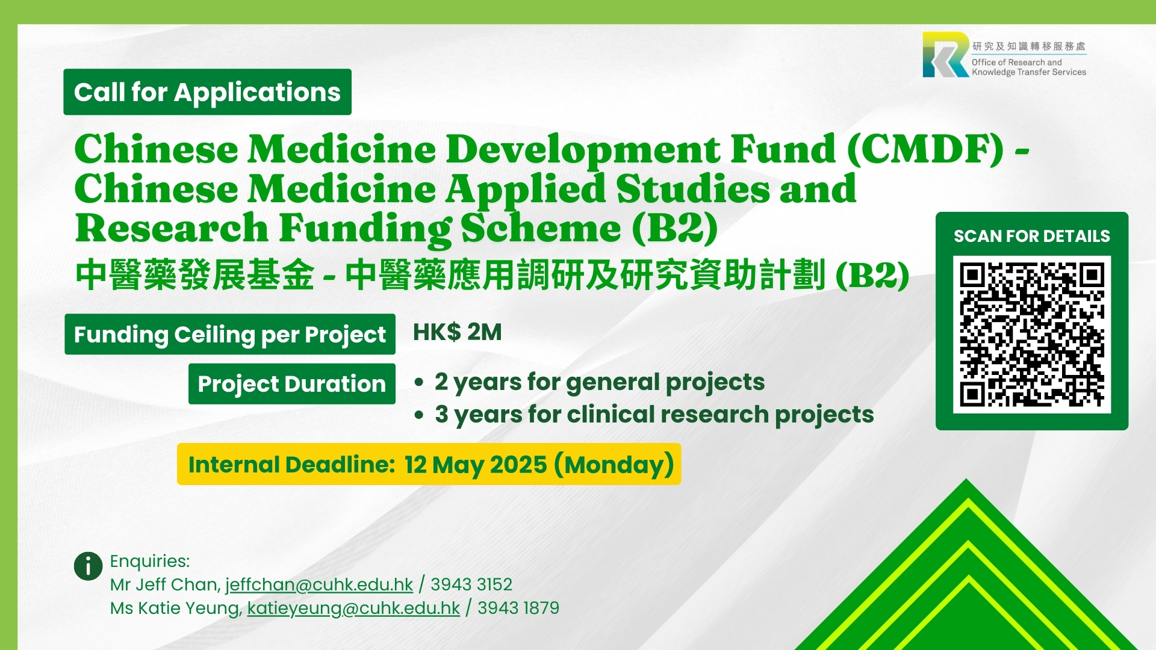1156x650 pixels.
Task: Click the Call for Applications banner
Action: pos(207,92)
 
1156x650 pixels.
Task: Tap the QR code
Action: pos(1031,335)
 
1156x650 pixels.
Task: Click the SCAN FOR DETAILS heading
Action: pos(1031,236)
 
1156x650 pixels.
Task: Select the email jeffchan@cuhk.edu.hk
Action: pos(319,584)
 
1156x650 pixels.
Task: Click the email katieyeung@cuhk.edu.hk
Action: pos(353,608)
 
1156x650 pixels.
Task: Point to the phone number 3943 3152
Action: pos(471,584)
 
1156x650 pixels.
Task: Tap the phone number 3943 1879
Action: pos(518,608)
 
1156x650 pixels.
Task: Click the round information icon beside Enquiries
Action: pos(88,566)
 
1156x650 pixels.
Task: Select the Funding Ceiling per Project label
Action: pos(230,334)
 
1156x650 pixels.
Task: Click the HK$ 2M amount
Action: pos(457,332)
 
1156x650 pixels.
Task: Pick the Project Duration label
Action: pos(292,384)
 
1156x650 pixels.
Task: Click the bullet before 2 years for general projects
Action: pos(420,383)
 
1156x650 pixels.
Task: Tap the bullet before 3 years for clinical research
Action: pos(420,415)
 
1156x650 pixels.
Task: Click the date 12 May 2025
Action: pos(476,465)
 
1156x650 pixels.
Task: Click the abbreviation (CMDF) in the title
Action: pos(925,149)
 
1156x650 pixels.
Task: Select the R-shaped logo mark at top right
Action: pos(946,55)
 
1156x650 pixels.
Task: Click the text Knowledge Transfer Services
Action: pos(1029,72)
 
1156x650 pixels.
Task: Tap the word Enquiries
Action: pos(150,561)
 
